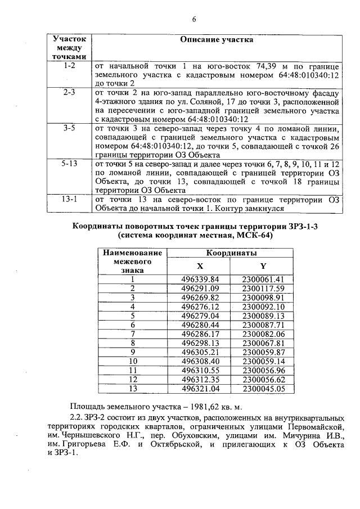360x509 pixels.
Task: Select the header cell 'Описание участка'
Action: [217, 40]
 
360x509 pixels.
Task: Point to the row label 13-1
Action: [70, 199]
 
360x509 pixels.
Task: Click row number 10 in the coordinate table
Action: [133, 361]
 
